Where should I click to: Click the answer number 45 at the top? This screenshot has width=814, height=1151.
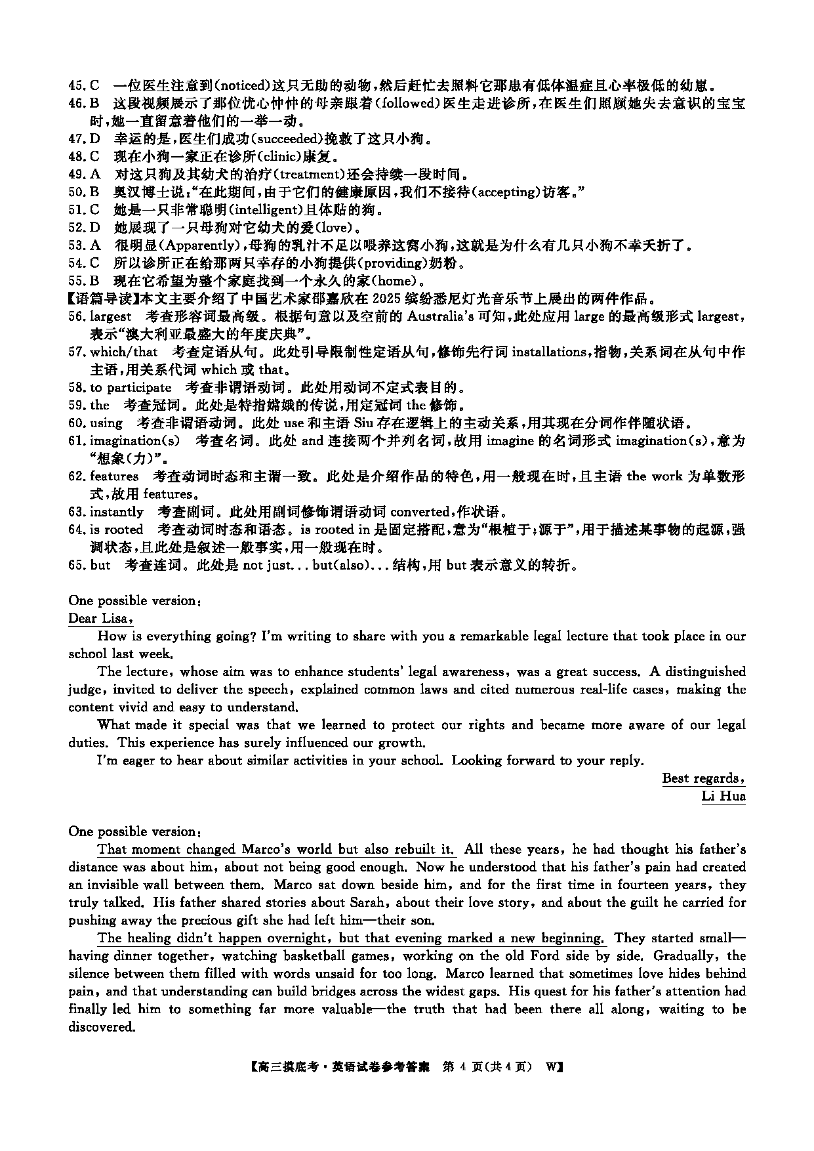click(75, 85)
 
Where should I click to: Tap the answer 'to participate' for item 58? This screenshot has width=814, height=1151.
click(131, 387)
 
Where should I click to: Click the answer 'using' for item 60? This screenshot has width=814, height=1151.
click(106, 423)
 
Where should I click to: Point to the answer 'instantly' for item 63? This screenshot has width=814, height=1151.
click(117, 512)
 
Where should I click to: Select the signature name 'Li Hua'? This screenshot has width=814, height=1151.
click(723, 796)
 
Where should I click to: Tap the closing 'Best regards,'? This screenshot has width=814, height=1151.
click(703, 778)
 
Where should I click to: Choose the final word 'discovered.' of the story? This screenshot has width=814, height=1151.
click(102, 1027)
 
